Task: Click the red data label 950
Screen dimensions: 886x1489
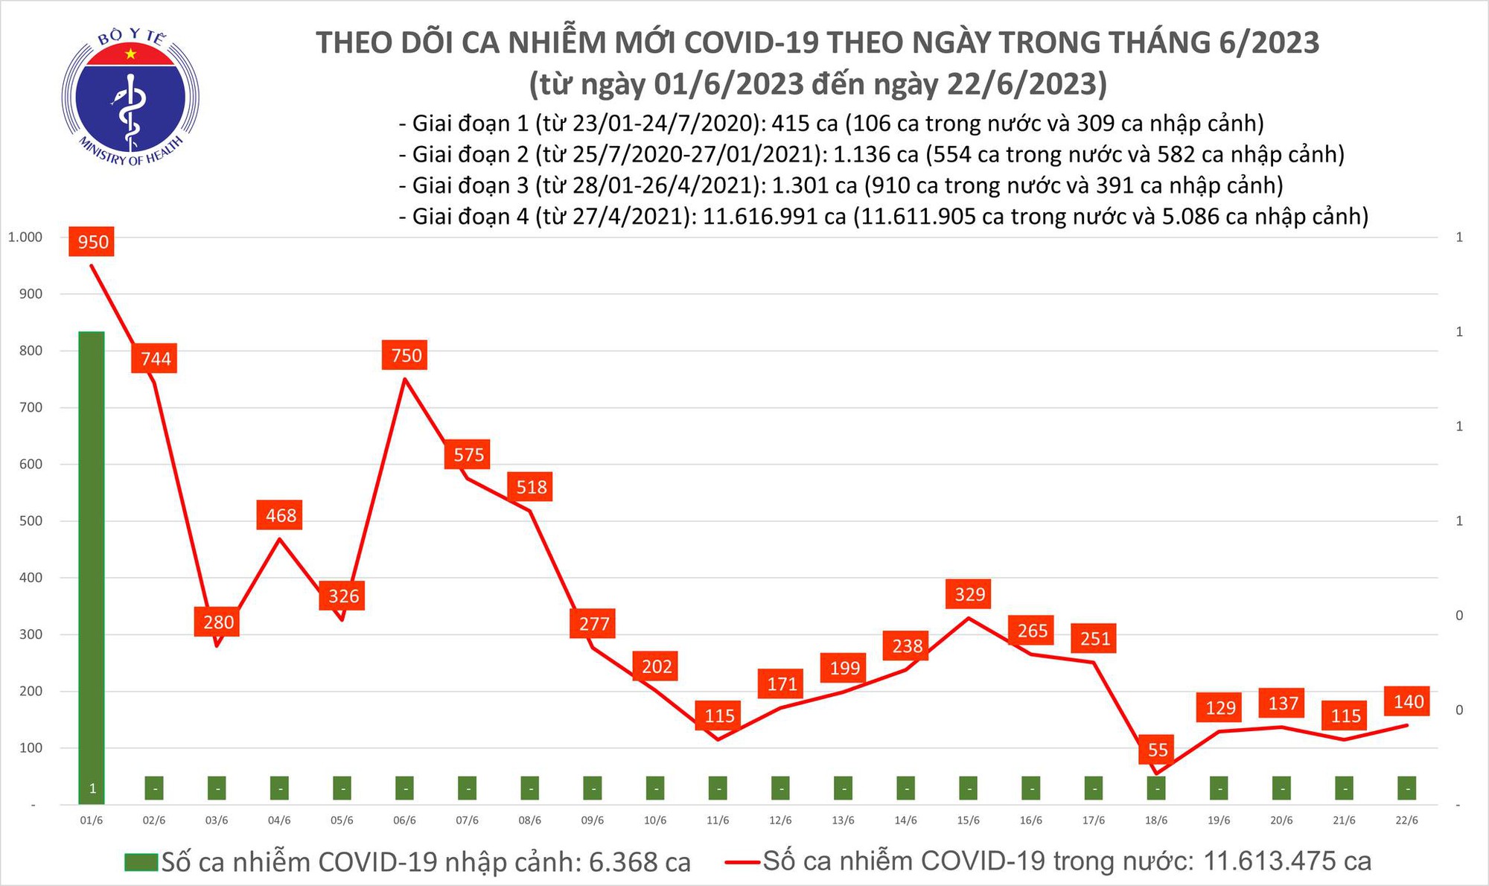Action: click(x=92, y=242)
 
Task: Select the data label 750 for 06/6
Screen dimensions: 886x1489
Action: click(x=406, y=355)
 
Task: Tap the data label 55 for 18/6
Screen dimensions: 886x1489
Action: click(x=1158, y=750)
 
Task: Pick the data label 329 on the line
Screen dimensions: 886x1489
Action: click(x=969, y=594)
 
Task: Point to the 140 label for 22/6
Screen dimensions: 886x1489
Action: click(x=1408, y=701)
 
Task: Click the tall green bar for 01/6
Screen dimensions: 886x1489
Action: click(x=92, y=566)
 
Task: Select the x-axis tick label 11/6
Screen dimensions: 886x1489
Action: click(x=718, y=820)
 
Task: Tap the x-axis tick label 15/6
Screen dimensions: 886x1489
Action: click(x=968, y=820)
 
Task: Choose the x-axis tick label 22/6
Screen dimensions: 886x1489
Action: click(x=1406, y=820)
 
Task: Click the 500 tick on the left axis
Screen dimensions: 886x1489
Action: click(x=31, y=521)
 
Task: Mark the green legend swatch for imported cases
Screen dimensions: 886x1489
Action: click(x=141, y=862)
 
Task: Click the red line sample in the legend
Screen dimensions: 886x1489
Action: click(x=742, y=862)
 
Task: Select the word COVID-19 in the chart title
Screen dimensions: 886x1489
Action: click(x=750, y=43)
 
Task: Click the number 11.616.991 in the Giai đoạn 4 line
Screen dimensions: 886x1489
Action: click(x=774, y=217)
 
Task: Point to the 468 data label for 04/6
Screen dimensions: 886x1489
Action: click(x=281, y=515)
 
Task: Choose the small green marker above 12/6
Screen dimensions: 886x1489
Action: click(x=780, y=788)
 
